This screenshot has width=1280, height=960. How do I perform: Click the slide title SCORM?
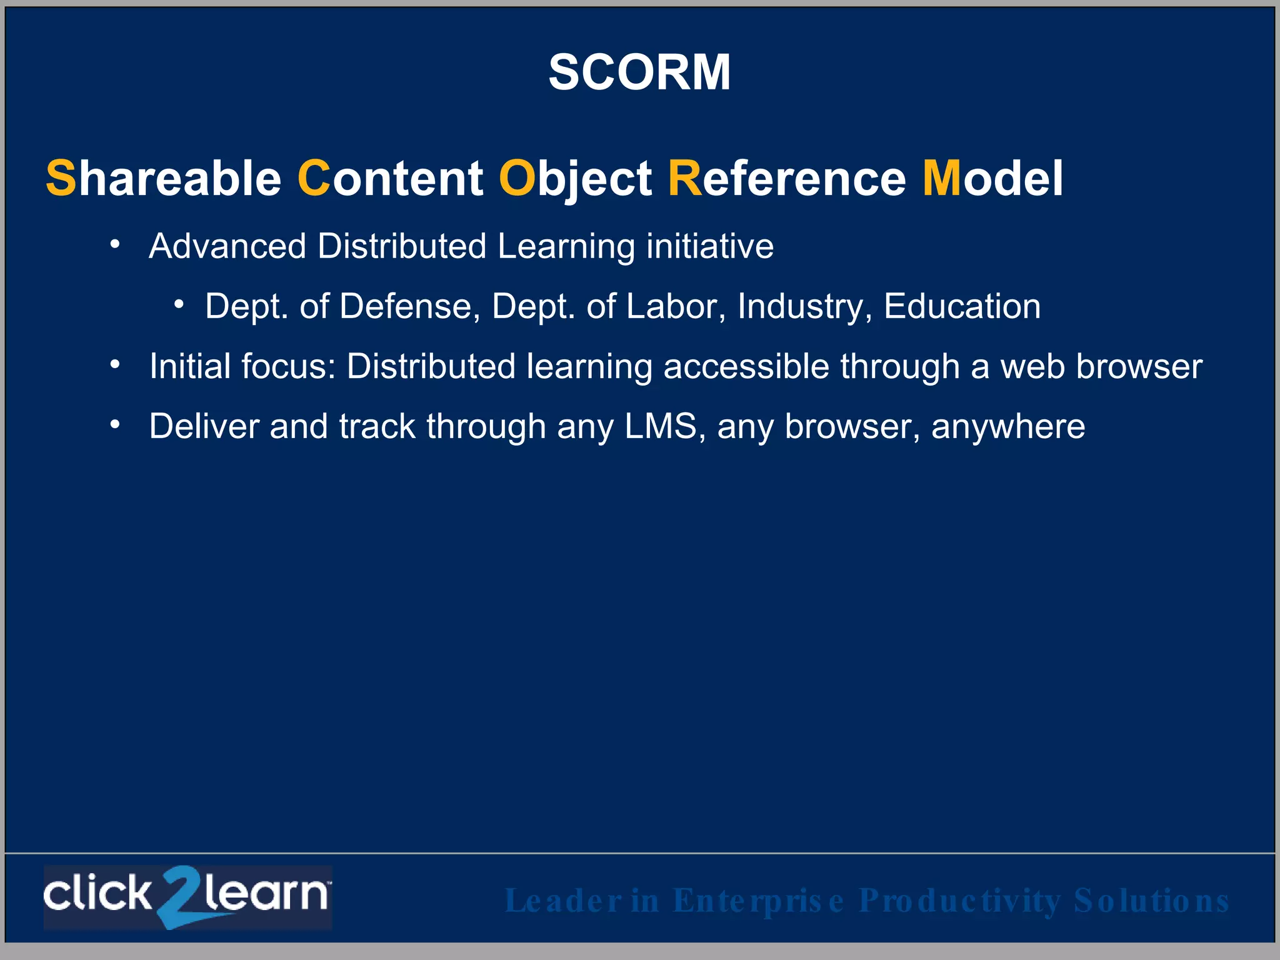[639, 72]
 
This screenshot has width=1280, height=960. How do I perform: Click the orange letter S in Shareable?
[61, 179]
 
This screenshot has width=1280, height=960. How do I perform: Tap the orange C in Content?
[313, 179]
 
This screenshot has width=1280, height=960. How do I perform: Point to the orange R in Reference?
[685, 179]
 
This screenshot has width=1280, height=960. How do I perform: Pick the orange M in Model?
[942, 179]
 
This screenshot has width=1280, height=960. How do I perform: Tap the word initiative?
[710, 246]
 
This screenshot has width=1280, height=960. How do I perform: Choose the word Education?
[962, 307]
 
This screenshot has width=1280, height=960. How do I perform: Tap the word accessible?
[746, 366]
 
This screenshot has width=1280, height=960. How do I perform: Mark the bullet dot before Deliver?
[114, 424]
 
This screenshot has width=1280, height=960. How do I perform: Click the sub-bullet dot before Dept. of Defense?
[179, 304]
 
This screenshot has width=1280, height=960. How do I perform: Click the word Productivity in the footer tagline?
[960, 901]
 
